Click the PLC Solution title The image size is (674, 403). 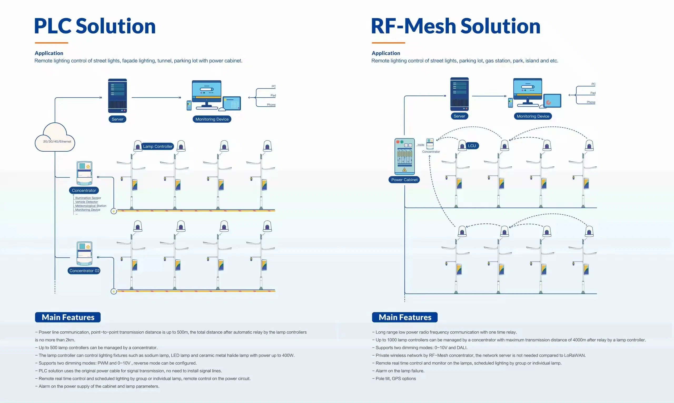[x=95, y=26]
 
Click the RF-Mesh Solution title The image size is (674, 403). [x=455, y=26]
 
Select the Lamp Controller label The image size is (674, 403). [x=157, y=146]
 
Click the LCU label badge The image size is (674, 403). [x=472, y=146]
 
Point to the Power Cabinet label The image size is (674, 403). [x=404, y=180]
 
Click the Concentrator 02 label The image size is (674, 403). [x=84, y=271]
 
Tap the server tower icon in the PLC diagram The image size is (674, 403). [x=117, y=96]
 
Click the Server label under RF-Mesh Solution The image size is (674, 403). [x=459, y=116]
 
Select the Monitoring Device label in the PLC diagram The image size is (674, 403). [x=212, y=119]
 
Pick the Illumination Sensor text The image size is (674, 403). [x=88, y=198]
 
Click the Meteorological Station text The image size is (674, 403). [x=91, y=206]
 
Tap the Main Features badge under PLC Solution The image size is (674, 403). [x=68, y=317]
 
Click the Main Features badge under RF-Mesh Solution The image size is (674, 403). [x=405, y=317]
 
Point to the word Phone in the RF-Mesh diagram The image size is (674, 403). [x=591, y=102]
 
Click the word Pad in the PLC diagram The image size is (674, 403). [x=273, y=96]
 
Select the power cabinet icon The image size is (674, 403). [x=404, y=156]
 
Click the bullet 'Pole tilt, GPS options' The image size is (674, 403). [x=395, y=379]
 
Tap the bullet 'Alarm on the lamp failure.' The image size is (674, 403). [x=399, y=371]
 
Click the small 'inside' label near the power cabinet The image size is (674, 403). [x=421, y=145]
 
